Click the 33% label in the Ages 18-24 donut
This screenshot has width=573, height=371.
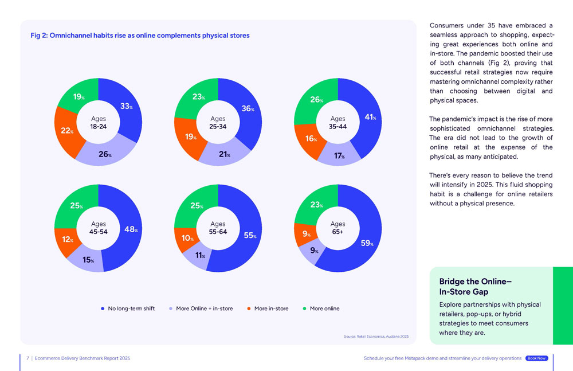click(127, 106)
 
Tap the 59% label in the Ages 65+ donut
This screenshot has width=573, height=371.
click(367, 243)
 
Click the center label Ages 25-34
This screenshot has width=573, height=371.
click(218, 123)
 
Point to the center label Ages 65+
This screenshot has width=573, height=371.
click(338, 228)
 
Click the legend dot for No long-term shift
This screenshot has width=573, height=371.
click(103, 308)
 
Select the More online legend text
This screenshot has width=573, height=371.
click(324, 308)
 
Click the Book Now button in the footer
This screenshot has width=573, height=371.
click(536, 358)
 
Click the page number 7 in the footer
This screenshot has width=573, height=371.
click(28, 358)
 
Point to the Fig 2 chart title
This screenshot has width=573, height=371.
click(140, 36)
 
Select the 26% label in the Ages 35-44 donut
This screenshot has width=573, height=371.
click(317, 100)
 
